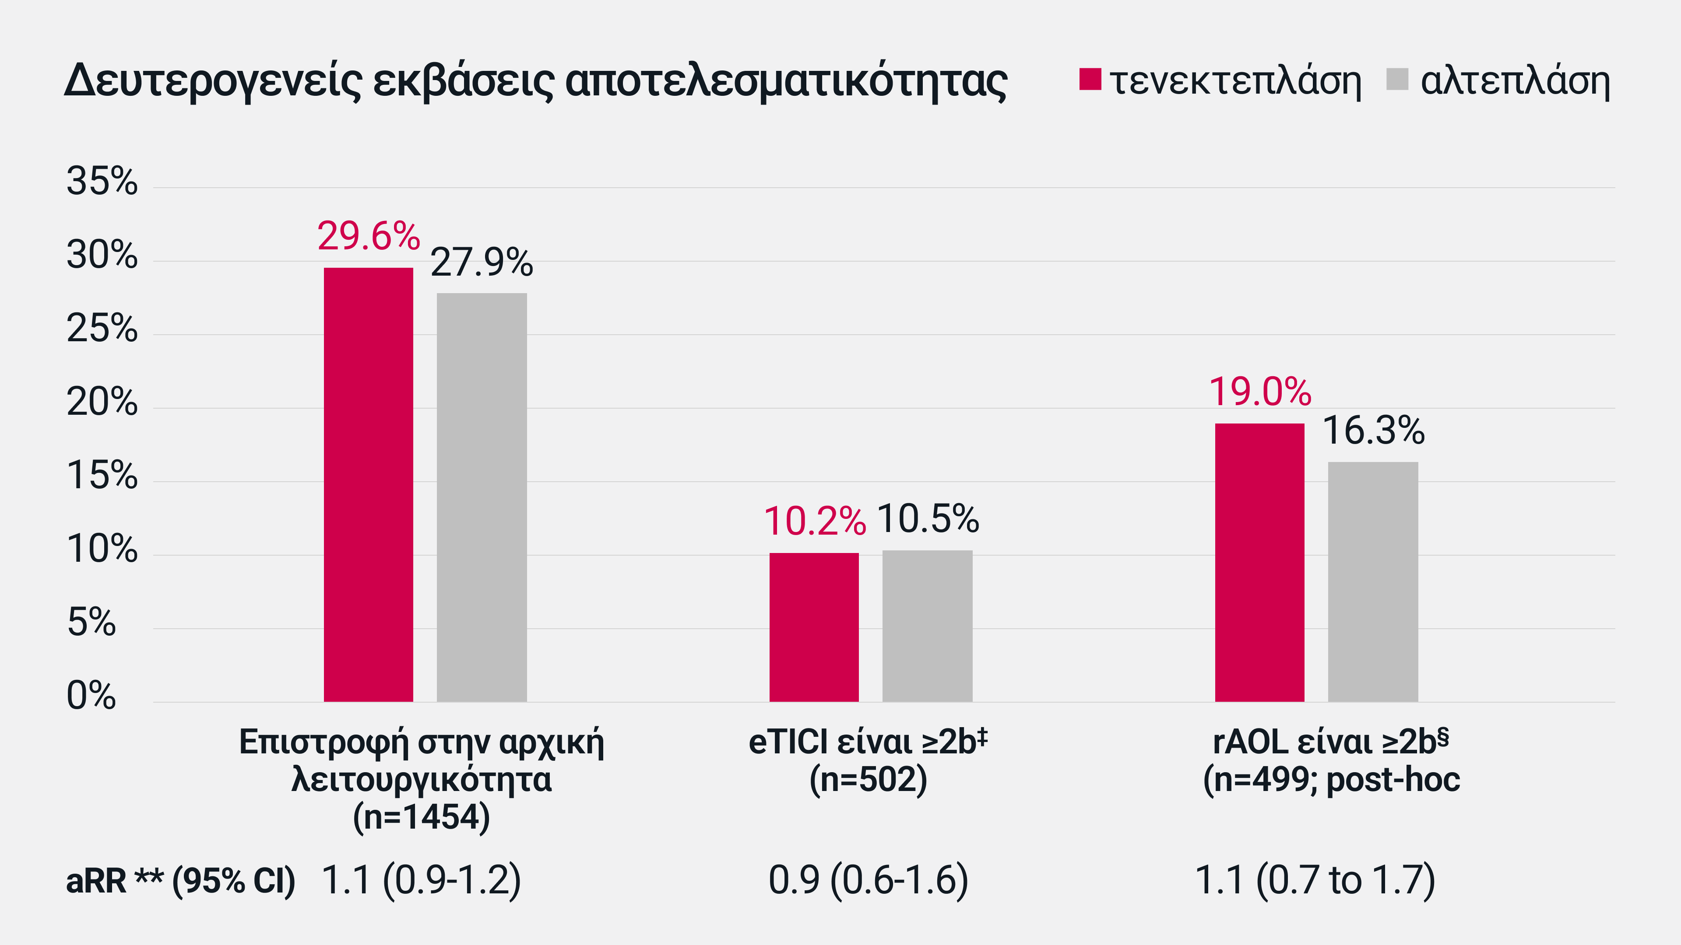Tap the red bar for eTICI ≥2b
[x=814, y=627]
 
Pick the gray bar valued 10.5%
[x=927, y=626]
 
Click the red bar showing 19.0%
[x=1259, y=562]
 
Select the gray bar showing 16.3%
[x=1373, y=582]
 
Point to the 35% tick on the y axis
[x=102, y=181]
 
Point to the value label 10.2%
[x=814, y=522]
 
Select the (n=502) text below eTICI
[x=868, y=779]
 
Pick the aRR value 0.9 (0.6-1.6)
[x=868, y=880]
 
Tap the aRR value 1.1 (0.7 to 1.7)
[x=1314, y=880]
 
